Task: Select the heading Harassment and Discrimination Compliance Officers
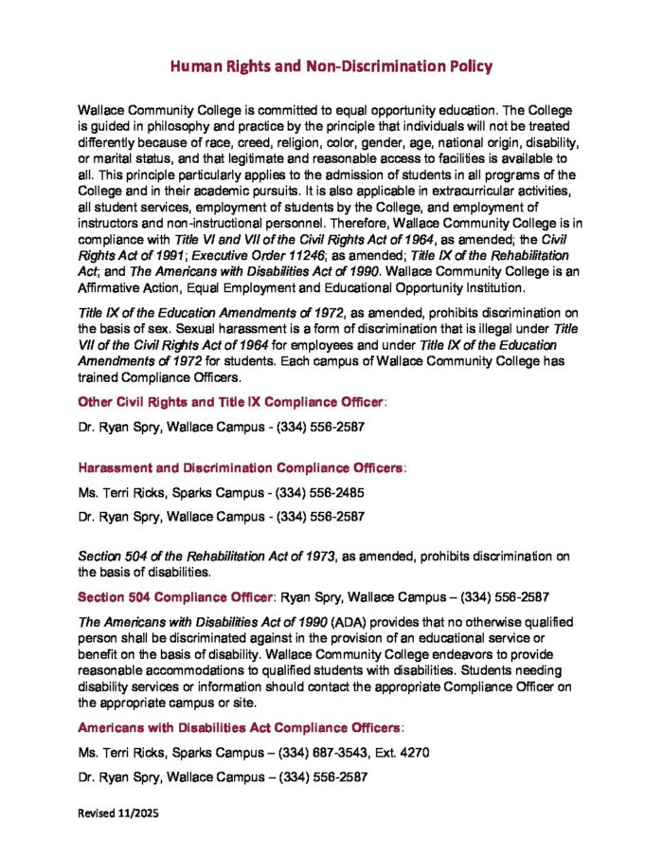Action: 241,468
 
